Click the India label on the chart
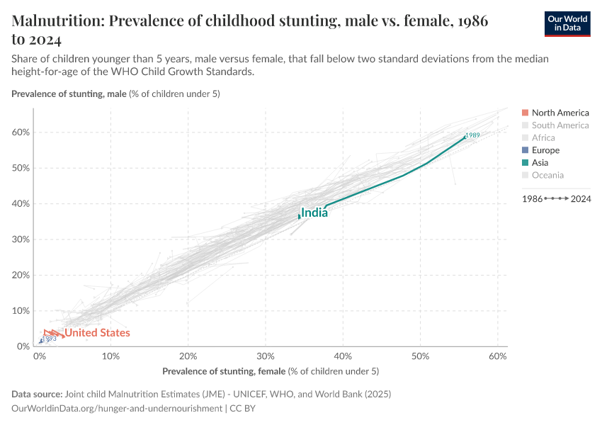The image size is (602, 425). coord(314,212)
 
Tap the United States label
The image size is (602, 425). coord(98,333)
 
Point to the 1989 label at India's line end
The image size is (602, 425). coord(473,135)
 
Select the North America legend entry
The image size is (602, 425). coord(560,113)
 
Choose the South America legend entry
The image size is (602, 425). coord(560,125)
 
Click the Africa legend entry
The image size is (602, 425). coord(543,137)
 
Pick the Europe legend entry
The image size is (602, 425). coord(545,150)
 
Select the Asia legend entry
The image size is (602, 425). coord(541,162)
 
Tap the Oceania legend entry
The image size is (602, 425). coord(547,175)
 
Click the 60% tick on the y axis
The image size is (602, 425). coord(20,132)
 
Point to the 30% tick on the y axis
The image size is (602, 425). coord(20,239)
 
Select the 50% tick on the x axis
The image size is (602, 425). coord(421,356)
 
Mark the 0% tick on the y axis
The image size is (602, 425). coord(22,346)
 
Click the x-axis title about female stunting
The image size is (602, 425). coord(271,371)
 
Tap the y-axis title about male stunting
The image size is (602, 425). coord(115,93)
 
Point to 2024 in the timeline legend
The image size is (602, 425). coord(581,200)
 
